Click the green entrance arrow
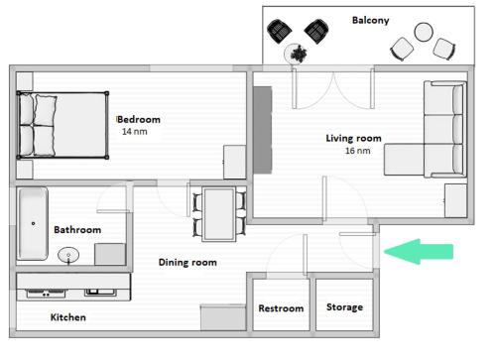[419, 252]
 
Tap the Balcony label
[370, 20]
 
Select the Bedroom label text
[139, 119]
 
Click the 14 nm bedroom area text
[135, 132]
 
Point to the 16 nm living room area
[358, 151]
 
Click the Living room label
[353, 138]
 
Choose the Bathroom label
[77, 230]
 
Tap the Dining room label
[187, 263]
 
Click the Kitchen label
[67, 317]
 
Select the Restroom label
[281, 308]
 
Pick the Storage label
[344, 307]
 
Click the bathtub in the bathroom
[33, 224]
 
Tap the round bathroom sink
[68, 255]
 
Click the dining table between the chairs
[219, 214]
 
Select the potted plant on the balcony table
[300, 54]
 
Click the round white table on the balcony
[424, 32]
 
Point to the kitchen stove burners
[46, 293]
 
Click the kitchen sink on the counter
[100, 292]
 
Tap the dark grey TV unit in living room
[263, 130]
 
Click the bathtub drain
[33, 223]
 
